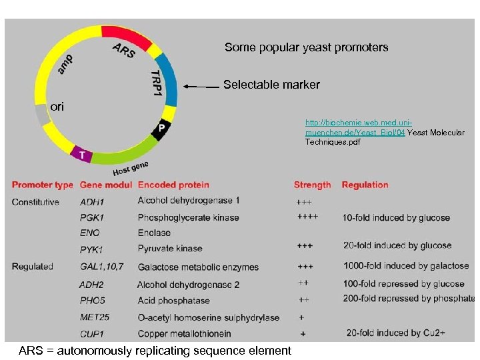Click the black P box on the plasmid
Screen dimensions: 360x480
[x=161, y=129]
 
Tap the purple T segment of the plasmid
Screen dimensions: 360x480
[x=82, y=154]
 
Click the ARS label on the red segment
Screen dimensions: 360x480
[x=124, y=51]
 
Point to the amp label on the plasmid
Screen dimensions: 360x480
[x=66, y=64]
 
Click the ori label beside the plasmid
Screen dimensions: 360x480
[x=57, y=107]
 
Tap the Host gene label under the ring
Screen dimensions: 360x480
[x=130, y=168]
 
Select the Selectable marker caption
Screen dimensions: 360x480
[x=271, y=85]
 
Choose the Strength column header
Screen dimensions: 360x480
[x=312, y=185]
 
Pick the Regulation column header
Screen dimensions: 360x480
[x=365, y=185]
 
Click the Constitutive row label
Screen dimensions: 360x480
[x=35, y=202]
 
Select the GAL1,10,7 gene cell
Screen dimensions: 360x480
[x=101, y=267]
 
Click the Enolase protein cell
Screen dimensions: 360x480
[x=154, y=233]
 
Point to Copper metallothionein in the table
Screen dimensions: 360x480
[x=184, y=333]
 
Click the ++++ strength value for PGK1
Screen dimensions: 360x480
[x=307, y=217]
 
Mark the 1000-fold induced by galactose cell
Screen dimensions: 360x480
[x=406, y=266]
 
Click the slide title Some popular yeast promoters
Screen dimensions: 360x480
[x=306, y=47]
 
